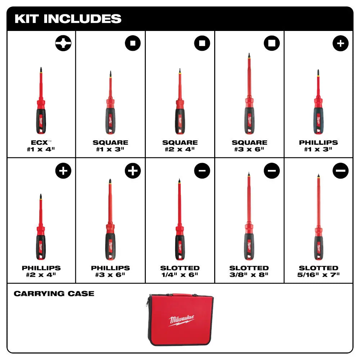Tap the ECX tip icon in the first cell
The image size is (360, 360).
point(63,43)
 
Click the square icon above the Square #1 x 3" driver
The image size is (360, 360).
point(132,43)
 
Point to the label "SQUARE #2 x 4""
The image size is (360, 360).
point(180,145)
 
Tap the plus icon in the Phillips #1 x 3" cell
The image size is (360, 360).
point(341,43)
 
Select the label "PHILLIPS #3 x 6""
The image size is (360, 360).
point(110,271)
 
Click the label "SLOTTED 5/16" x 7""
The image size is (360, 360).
point(319,271)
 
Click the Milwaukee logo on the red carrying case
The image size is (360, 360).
point(182,320)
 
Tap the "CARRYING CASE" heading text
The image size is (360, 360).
point(54,294)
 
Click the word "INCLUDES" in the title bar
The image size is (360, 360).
point(83,19)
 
